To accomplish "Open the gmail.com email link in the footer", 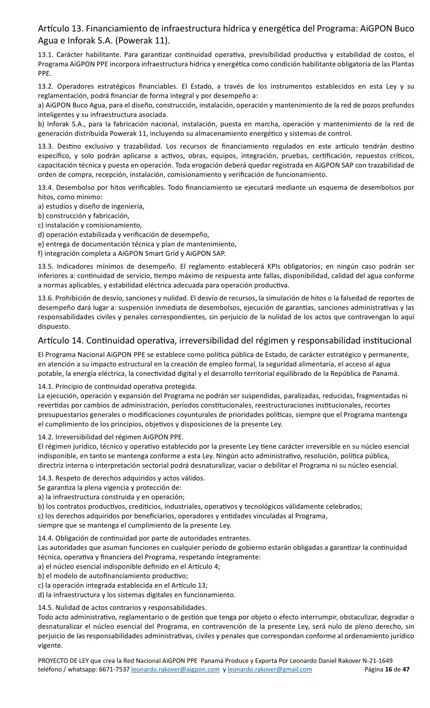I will click(270, 670).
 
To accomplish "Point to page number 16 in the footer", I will click(389, 670).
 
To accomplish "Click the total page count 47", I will click(405, 670).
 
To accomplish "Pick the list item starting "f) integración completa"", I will click(132, 253).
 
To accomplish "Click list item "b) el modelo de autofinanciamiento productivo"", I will click(113, 576).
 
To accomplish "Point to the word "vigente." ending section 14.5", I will click(51, 646).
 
